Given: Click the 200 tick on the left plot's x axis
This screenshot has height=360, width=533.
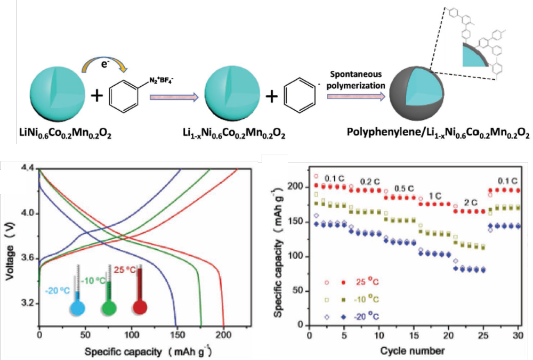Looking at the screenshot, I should click(x=223, y=337).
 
